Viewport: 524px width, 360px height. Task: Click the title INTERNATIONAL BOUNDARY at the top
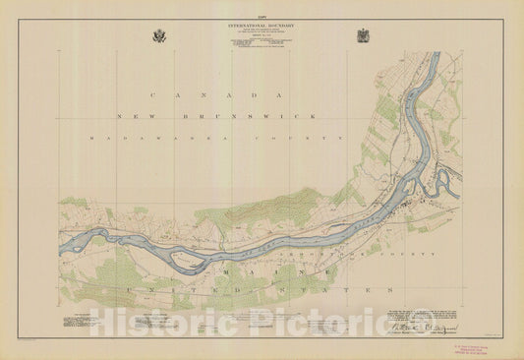pyautogui.click(x=262, y=24)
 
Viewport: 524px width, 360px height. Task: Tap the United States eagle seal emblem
pyautogui.click(x=160, y=36)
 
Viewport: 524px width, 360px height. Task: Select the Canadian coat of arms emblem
pyautogui.click(x=363, y=36)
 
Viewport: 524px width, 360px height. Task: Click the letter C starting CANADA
pyautogui.click(x=151, y=94)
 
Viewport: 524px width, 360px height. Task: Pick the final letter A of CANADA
pyautogui.click(x=279, y=94)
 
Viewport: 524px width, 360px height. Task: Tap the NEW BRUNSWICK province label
pyautogui.click(x=216, y=116)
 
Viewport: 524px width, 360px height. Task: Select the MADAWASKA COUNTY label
pyautogui.click(x=216, y=139)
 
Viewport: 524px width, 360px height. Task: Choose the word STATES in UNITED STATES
pyautogui.click(x=355, y=291)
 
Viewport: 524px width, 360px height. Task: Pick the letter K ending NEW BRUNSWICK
pyautogui.click(x=315, y=116)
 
